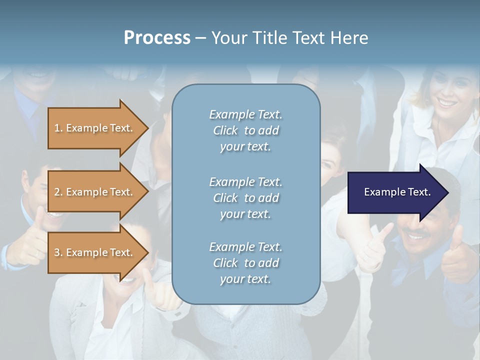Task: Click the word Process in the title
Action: pyautogui.click(x=157, y=38)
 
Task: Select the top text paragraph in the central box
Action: pyautogui.click(x=245, y=130)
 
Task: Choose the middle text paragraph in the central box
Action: pyautogui.click(x=245, y=198)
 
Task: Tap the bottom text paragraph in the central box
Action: pyautogui.click(x=245, y=263)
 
